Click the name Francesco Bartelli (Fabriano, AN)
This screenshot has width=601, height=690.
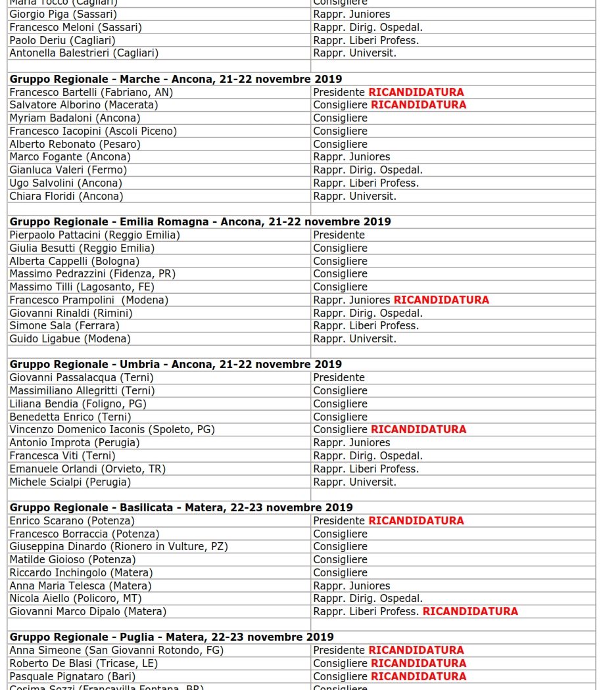pos(91,92)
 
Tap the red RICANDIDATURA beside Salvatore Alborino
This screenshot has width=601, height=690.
pos(418,104)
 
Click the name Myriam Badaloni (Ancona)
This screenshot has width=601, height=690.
pos(74,118)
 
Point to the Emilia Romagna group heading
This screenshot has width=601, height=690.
pos(200,221)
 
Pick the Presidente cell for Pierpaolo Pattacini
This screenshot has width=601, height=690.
pos(339,235)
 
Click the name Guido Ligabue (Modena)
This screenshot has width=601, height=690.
pos(70,338)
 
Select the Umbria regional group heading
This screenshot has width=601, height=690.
pos(176,364)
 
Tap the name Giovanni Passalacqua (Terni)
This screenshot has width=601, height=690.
pos(81,377)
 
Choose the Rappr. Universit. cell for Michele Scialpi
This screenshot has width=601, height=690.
pos(354,482)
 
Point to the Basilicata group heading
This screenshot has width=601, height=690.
pos(181,507)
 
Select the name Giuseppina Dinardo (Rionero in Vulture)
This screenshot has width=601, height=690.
pos(118,546)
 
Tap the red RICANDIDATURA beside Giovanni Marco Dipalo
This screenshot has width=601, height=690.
pos(470,611)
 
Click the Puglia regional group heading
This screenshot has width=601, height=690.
pos(171,637)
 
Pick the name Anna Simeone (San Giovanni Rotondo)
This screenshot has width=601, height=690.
pos(116,650)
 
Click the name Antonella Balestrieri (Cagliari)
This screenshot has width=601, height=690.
pos(84,53)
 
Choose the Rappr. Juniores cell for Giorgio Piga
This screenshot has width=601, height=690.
pos(351,14)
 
